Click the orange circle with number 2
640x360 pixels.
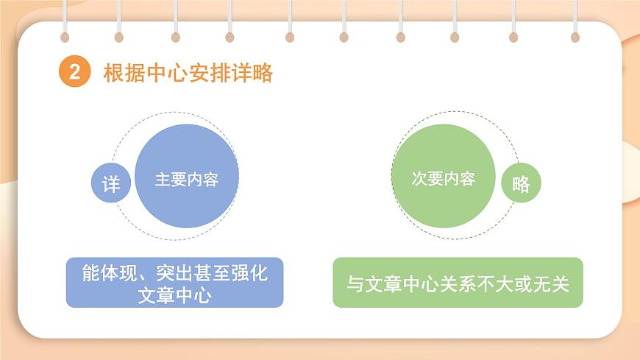(74, 73)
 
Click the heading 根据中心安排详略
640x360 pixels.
(188, 73)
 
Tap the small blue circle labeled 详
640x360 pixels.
(111, 183)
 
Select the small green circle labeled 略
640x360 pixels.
(521, 183)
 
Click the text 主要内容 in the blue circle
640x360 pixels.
(187, 180)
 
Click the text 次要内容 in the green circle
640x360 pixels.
(443, 179)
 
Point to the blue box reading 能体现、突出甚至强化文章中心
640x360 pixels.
(174, 282)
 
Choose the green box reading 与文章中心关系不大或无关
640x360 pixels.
(458, 282)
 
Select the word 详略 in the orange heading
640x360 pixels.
(254, 73)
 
